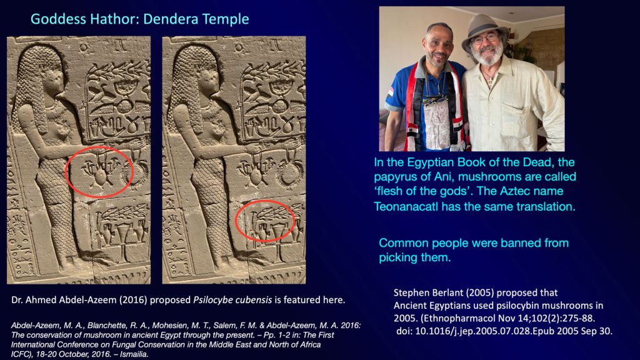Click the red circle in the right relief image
[236, 221]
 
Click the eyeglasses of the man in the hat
[484, 39]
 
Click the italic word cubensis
[252, 300]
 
